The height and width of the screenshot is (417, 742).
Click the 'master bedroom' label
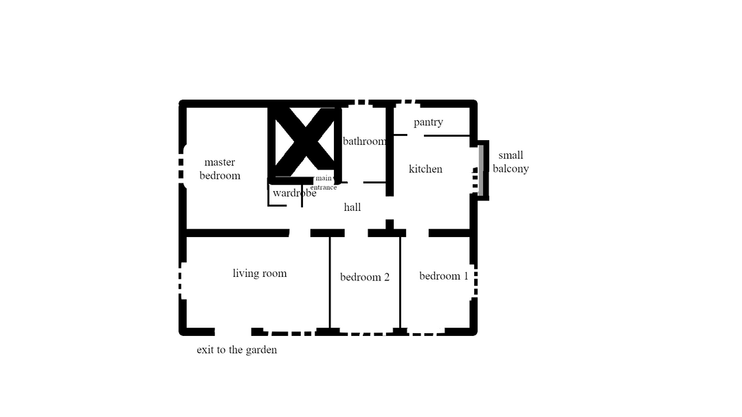(220, 169)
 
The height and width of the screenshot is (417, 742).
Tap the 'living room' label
(260, 273)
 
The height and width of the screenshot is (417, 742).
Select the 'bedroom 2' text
(365, 277)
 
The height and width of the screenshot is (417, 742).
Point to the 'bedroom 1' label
(444, 276)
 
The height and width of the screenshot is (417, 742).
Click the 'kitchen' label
(425, 169)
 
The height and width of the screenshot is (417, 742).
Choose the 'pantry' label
(428, 122)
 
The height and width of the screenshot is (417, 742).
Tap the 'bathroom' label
(364, 141)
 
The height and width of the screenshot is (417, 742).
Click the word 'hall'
(352, 207)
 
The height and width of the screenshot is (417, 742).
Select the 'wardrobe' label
(294, 193)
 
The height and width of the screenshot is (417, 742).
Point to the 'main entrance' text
(324, 183)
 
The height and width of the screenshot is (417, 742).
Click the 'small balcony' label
(510, 162)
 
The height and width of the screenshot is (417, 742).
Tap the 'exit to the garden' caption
(236, 350)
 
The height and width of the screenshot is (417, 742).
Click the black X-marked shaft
(305, 142)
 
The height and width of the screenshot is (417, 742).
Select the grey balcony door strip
(481, 170)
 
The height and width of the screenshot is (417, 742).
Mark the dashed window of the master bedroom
(181, 168)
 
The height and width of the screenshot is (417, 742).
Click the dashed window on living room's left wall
(181, 281)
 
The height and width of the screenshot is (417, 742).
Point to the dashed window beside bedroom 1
(475, 281)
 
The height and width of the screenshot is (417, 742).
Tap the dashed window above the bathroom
(363, 102)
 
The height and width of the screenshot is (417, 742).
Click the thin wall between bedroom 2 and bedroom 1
(401, 282)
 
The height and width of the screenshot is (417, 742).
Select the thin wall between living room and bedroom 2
(330, 282)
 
